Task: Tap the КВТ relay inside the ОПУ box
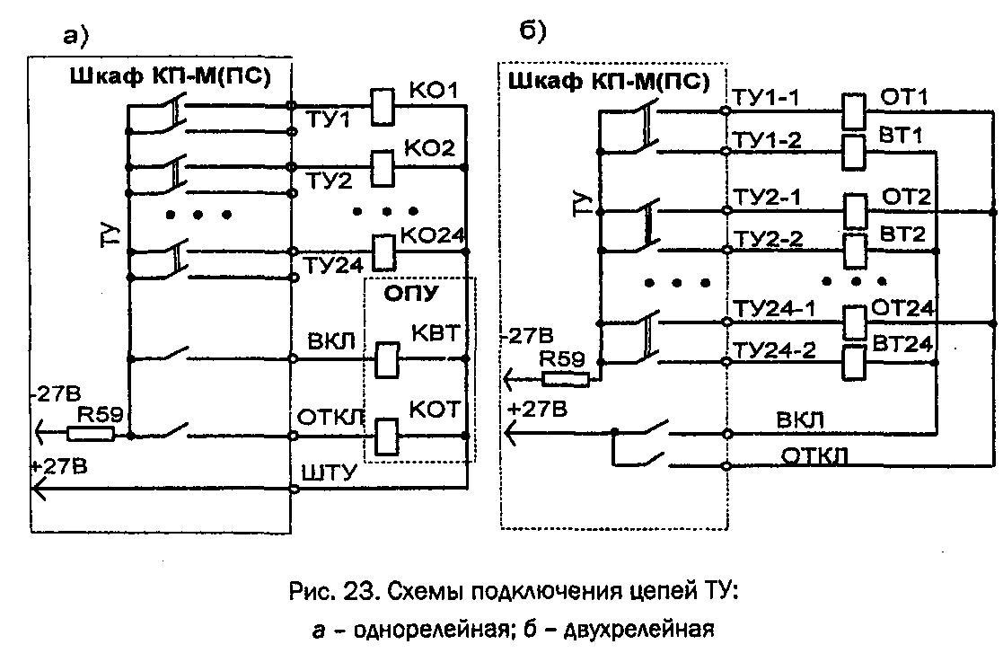click(x=388, y=358)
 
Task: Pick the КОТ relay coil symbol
click(x=388, y=436)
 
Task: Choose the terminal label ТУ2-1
click(x=766, y=197)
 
